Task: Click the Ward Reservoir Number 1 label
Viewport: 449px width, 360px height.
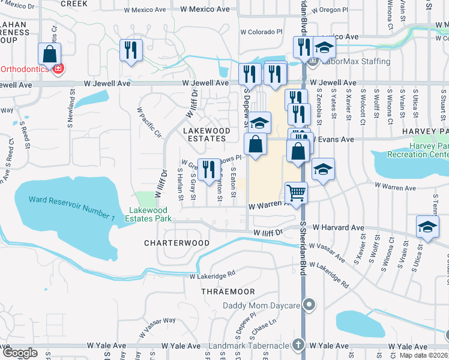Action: pos(71,208)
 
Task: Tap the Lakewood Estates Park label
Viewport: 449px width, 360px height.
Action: pos(151,214)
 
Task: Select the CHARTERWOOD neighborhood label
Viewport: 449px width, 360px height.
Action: pos(177,243)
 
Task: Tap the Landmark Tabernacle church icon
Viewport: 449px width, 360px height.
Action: pos(298,346)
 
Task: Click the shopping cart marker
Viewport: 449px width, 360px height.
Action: pos(296,193)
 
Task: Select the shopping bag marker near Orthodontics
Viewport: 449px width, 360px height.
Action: pos(49,54)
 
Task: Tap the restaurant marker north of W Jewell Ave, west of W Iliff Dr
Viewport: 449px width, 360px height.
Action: pos(130,50)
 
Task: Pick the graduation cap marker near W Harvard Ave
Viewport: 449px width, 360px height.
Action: pos(427,227)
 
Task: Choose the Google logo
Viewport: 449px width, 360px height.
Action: pos(19,353)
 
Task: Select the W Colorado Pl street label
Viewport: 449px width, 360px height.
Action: pos(261,32)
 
